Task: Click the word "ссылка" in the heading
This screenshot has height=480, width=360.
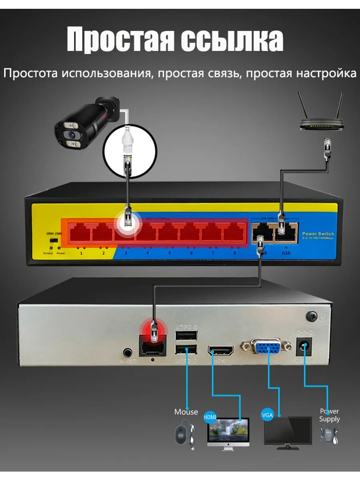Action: click(x=232, y=40)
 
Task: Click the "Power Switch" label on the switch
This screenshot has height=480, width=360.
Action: click(x=318, y=234)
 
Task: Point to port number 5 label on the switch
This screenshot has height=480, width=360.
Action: click(x=169, y=253)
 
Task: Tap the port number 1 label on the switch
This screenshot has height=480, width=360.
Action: click(x=81, y=253)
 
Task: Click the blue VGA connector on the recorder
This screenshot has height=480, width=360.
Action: click(x=265, y=348)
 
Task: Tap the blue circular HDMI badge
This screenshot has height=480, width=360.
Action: click(x=210, y=417)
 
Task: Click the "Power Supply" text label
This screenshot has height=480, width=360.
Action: click(x=330, y=415)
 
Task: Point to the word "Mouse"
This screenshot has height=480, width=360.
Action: click(x=186, y=412)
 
